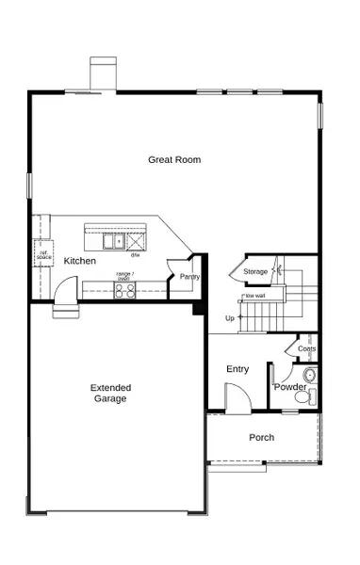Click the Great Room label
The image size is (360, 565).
(174, 159)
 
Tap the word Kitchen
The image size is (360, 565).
(79, 260)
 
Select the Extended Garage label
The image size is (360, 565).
(110, 393)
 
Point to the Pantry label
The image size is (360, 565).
(190, 277)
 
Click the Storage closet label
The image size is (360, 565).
(255, 272)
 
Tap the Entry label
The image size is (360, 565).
(237, 369)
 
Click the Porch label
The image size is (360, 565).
(261, 438)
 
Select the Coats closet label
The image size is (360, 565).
(306, 349)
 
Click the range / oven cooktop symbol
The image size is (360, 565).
(124, 290)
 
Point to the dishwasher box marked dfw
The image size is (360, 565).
(136, 241)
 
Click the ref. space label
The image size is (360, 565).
(42, 253)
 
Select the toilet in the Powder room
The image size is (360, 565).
(303, 396)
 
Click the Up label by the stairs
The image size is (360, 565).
(229, 318)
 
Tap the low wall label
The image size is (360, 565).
(254, 295)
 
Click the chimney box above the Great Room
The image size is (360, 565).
(102, 73)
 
